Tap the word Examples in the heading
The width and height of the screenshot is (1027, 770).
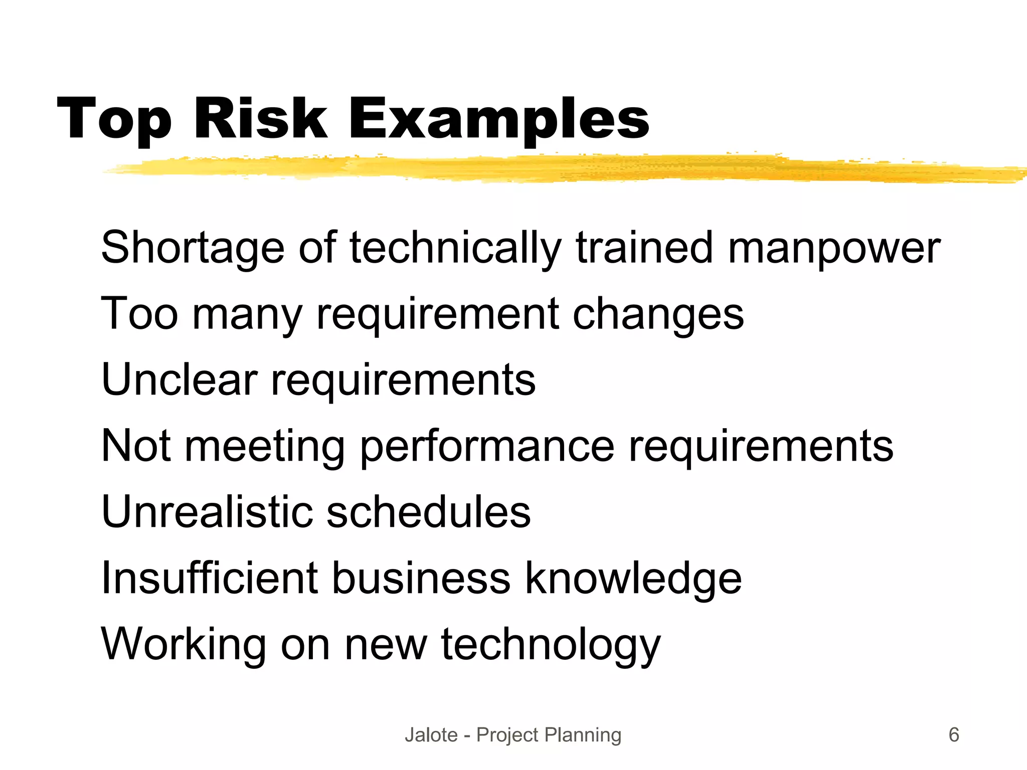(x=498, y=120)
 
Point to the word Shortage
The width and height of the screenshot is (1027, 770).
(x=193, y=248)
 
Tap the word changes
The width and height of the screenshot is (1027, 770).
(x=658, y=314)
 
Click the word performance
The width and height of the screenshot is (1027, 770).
(x=487, y=446)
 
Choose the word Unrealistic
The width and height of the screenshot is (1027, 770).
(x=207, y=512)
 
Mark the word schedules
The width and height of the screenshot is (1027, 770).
(x=429, y=512)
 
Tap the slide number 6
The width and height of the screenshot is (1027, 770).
(x=954, y=735)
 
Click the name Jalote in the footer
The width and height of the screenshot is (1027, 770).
(x=431, y=735)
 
